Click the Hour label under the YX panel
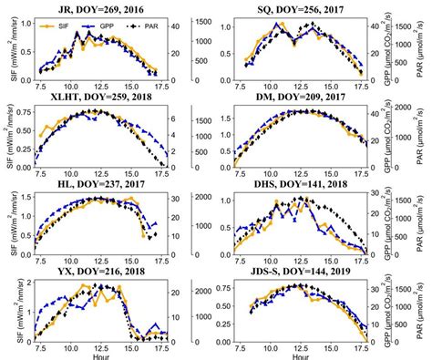click(101, 355)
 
